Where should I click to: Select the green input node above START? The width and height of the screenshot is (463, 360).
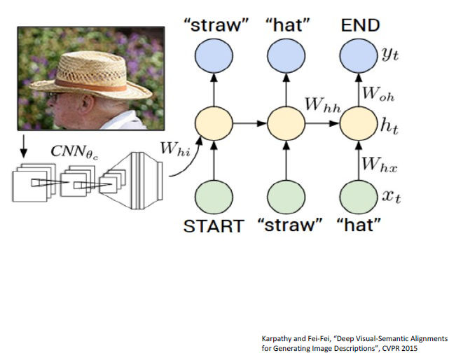pyautogui.click(x=212, y=195)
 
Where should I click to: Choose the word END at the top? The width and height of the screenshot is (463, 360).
pyautogui.click(x=360, y=26)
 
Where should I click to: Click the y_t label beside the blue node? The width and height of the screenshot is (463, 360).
pyautogui.click(x=389, y=53)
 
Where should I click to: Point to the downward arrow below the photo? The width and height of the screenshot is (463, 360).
pyautogui.click(x=23, y=146)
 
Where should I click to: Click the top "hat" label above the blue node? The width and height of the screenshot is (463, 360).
pyautogui.click(x=285, y=26)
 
